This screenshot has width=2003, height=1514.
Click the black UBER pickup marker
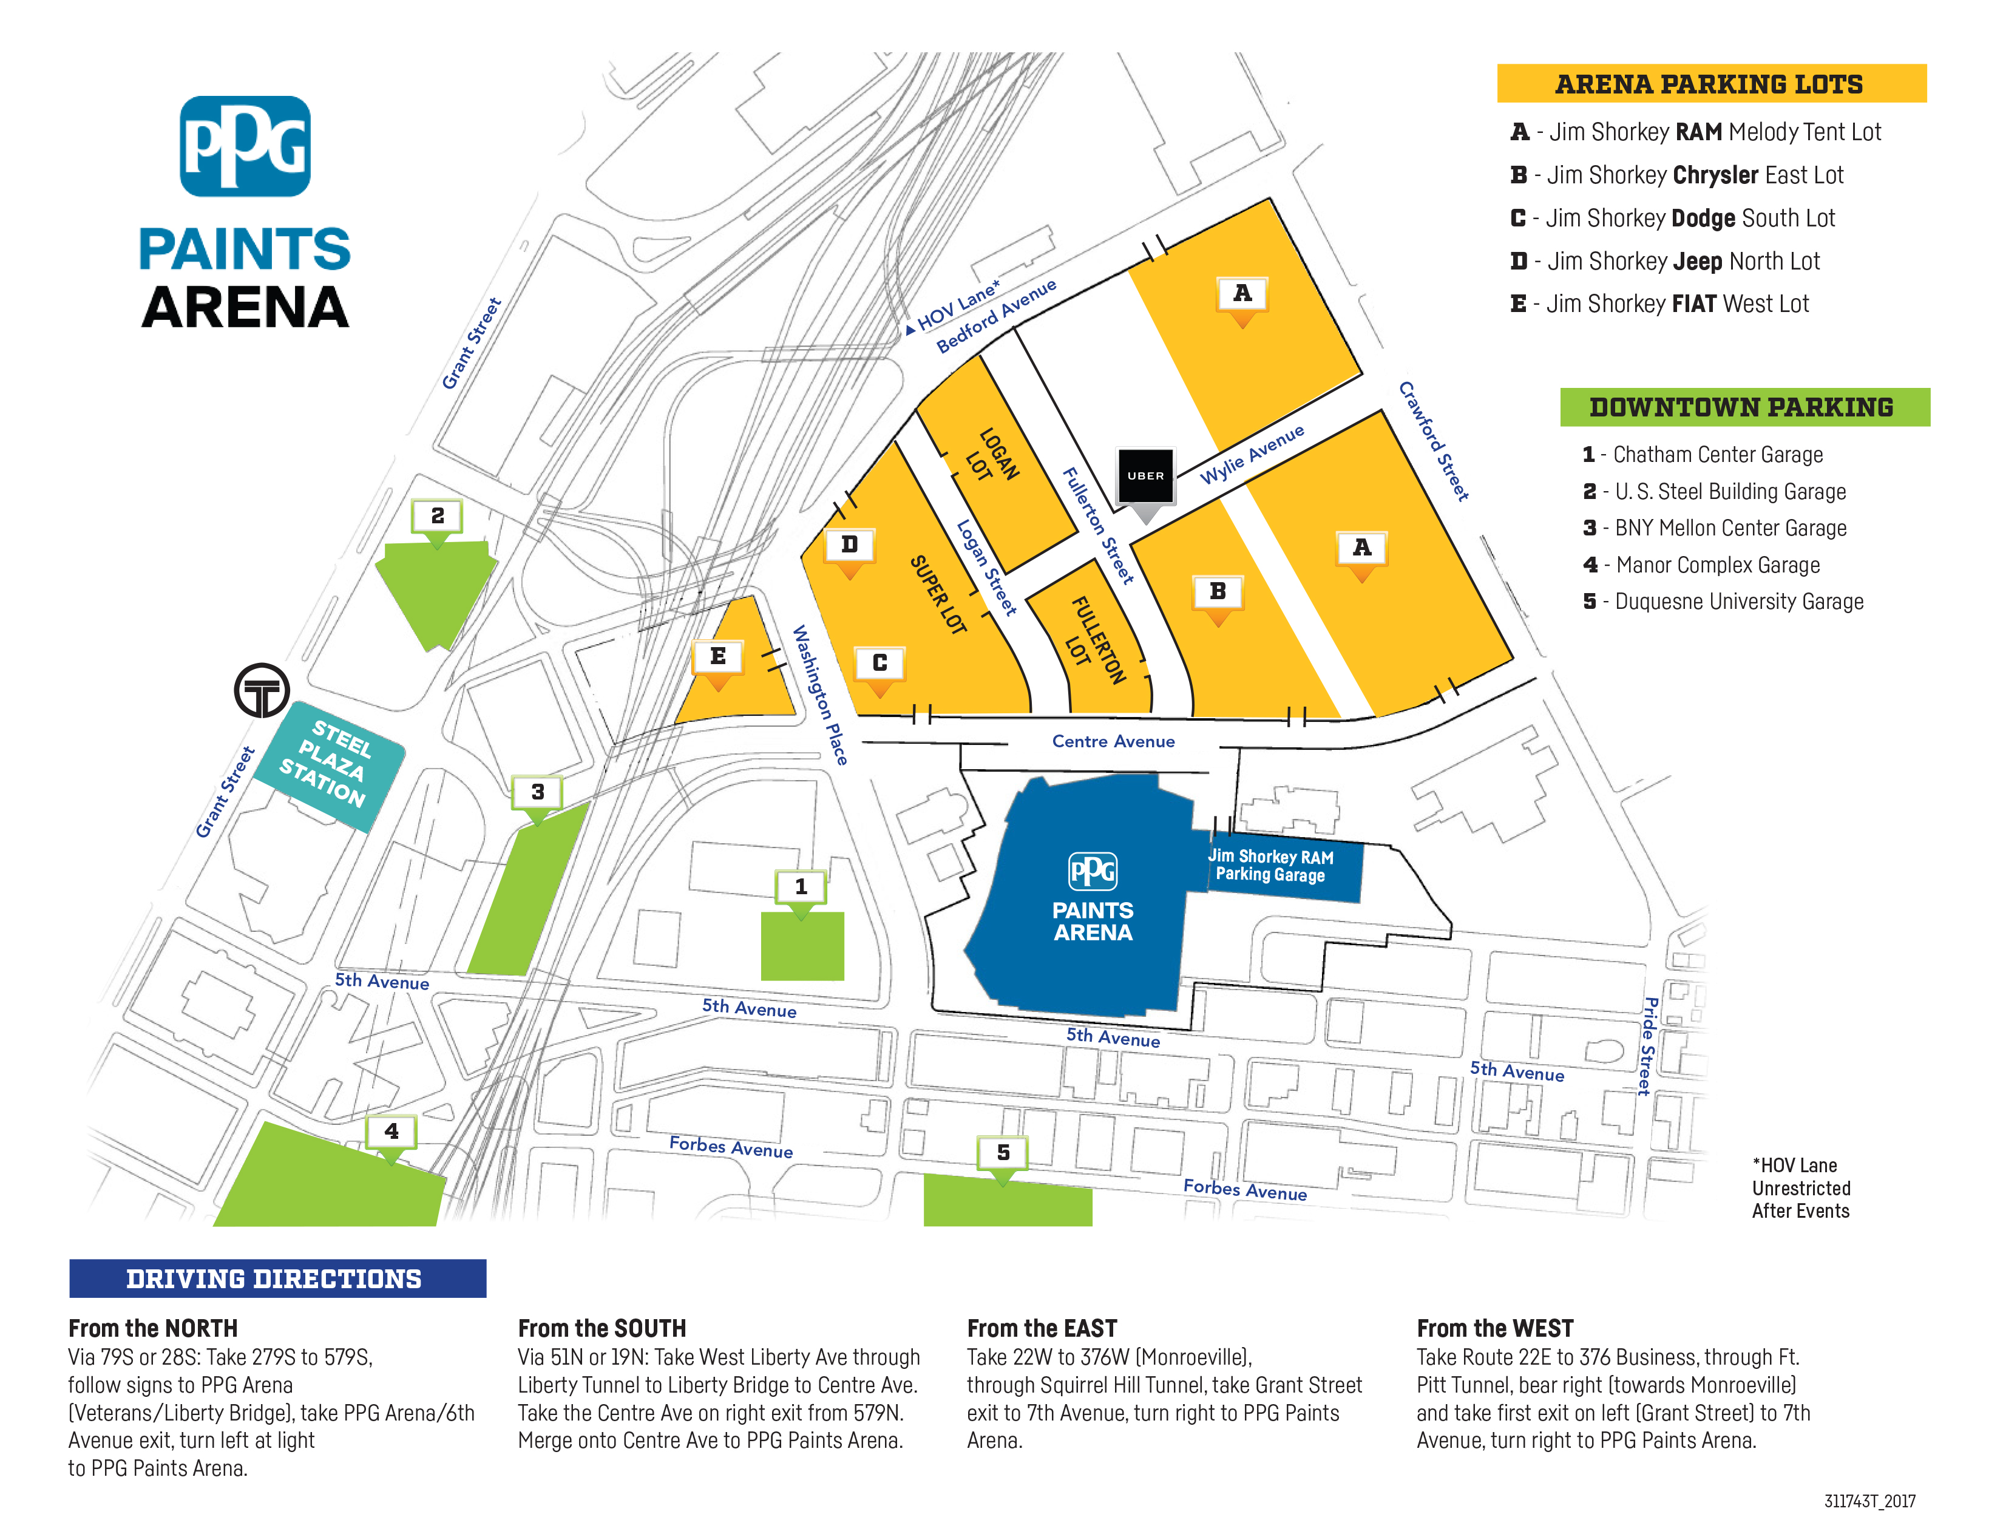[1145, 477]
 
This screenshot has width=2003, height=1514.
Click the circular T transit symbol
[262, 691]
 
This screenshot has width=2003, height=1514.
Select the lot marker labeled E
[718, 657]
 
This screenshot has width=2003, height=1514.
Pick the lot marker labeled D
[849, 545]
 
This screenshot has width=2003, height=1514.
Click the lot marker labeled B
[1218, 592]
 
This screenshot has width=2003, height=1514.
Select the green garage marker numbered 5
[1002, 1153]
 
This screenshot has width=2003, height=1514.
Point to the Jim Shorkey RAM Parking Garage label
[1270, 866]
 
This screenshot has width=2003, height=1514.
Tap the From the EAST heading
[1042, 1328]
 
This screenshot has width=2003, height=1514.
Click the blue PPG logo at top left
[245, 147]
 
